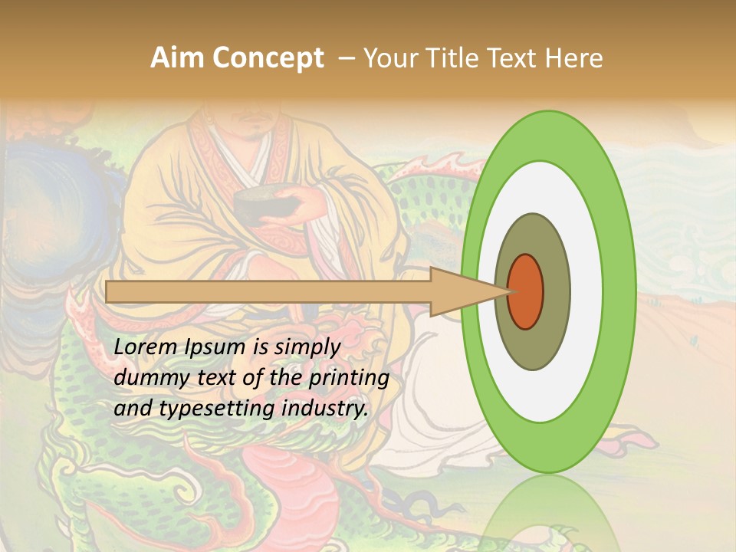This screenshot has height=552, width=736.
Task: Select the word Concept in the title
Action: [x=268, y=58]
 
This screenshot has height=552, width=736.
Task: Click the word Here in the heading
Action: [x=574, y=58]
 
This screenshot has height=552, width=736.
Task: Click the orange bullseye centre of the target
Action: [x=526, y=291]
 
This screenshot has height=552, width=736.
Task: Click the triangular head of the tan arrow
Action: [x=460, y=292]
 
